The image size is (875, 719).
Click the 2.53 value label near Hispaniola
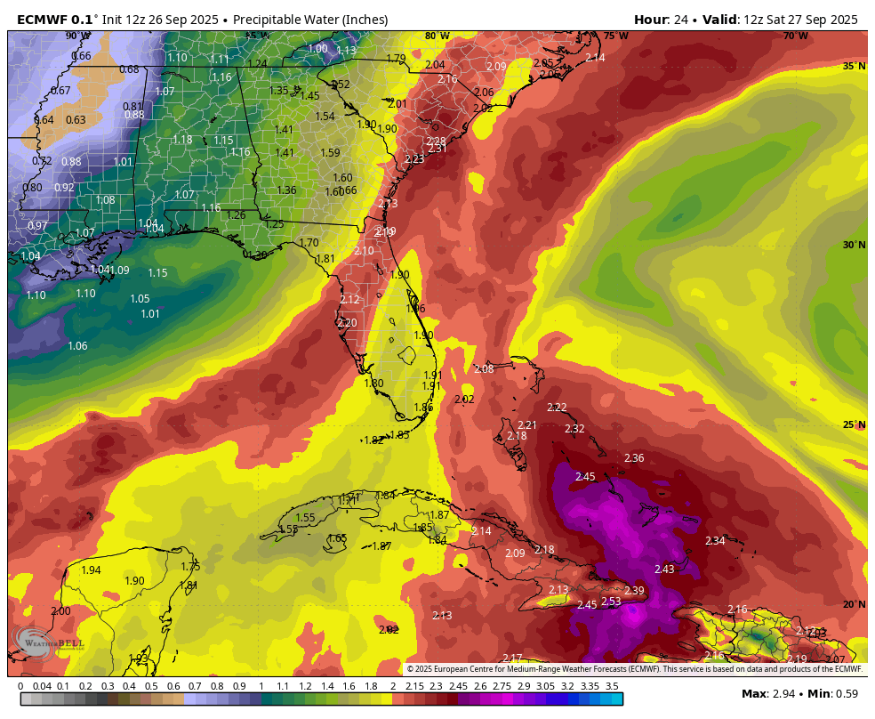tap(611, 602)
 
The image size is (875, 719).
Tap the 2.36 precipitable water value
tap(634, 458)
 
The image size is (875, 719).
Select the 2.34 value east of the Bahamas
tap(715, 541)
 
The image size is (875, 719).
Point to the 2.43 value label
tap(664, 570)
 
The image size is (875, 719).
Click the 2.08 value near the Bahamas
tap(484, 369)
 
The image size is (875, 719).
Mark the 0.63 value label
tap(76, 120)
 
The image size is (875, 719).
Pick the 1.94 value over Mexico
tap(91, 570)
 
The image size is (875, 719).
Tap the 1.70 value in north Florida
tap(309, 243)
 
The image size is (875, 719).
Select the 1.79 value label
tap(396, 59)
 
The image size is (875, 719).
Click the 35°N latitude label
tap(854, 67)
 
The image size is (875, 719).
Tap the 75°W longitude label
tap(615, 36)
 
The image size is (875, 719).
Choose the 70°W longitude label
tap(795, 36)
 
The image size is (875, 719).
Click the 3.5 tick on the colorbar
tap(612, 686)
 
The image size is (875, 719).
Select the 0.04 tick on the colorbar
tap(42, 686)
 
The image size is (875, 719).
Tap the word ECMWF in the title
tap(44, 20)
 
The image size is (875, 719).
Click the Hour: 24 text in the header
tap(665, 20)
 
